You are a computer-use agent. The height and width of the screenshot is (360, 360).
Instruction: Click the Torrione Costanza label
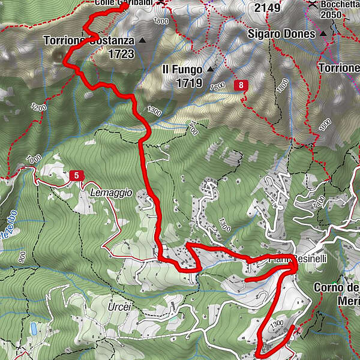(89, 41)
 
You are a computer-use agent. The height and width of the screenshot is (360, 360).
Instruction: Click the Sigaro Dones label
(281, 34)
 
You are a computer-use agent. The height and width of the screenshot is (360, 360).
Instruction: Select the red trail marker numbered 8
(242, 85)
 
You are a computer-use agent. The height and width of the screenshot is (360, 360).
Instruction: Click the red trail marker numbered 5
(76, 175)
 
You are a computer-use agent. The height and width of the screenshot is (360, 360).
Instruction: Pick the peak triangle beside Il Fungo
(211, 70)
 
